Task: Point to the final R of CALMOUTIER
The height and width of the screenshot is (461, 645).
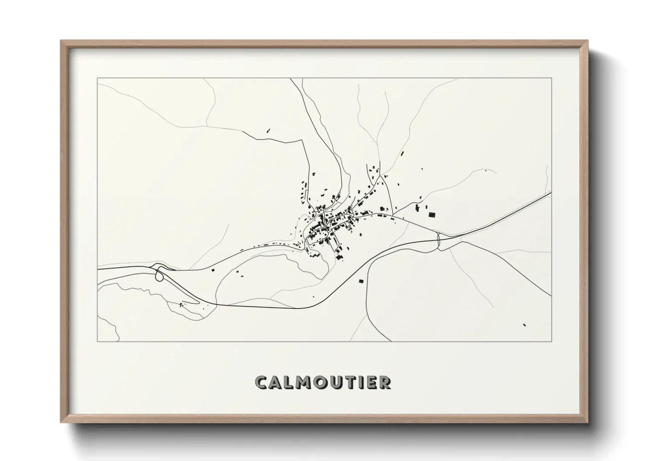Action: point(385,382)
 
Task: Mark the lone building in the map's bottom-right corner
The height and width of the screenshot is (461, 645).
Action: point(524,325)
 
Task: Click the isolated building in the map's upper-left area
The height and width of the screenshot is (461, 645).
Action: point(268,130)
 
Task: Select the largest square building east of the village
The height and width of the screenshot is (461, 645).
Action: point(432,214)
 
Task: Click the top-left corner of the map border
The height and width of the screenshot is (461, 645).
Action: point(97,78)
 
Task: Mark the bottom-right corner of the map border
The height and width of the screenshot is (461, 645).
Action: point(552,341)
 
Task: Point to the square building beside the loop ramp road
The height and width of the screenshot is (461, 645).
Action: point(214,271)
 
